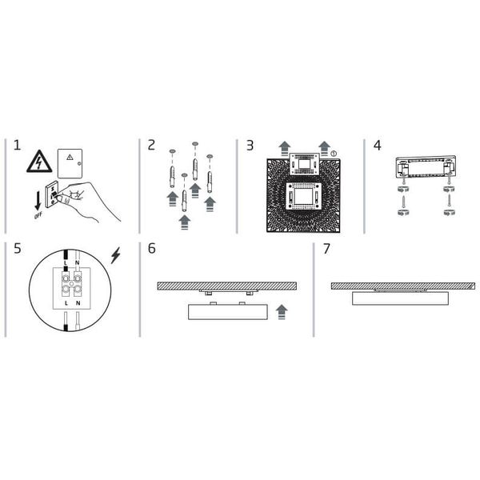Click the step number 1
17,146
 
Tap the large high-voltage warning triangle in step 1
39,162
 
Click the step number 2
152,146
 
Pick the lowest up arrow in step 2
185,223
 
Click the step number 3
250,146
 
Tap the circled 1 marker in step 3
334,153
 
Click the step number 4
377,146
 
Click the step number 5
17,249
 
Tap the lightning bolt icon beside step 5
116,255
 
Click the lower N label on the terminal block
77,304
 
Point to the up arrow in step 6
280,311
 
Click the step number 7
326,249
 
